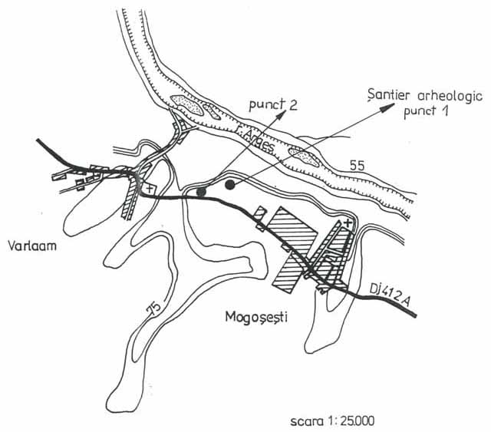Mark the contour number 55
356,165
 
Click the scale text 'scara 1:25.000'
334,421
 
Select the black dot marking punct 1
229,184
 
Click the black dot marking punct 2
201,192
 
